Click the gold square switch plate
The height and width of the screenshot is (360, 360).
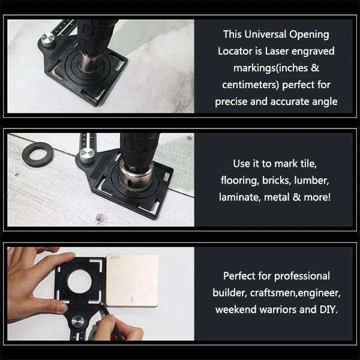click(132, 279)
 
